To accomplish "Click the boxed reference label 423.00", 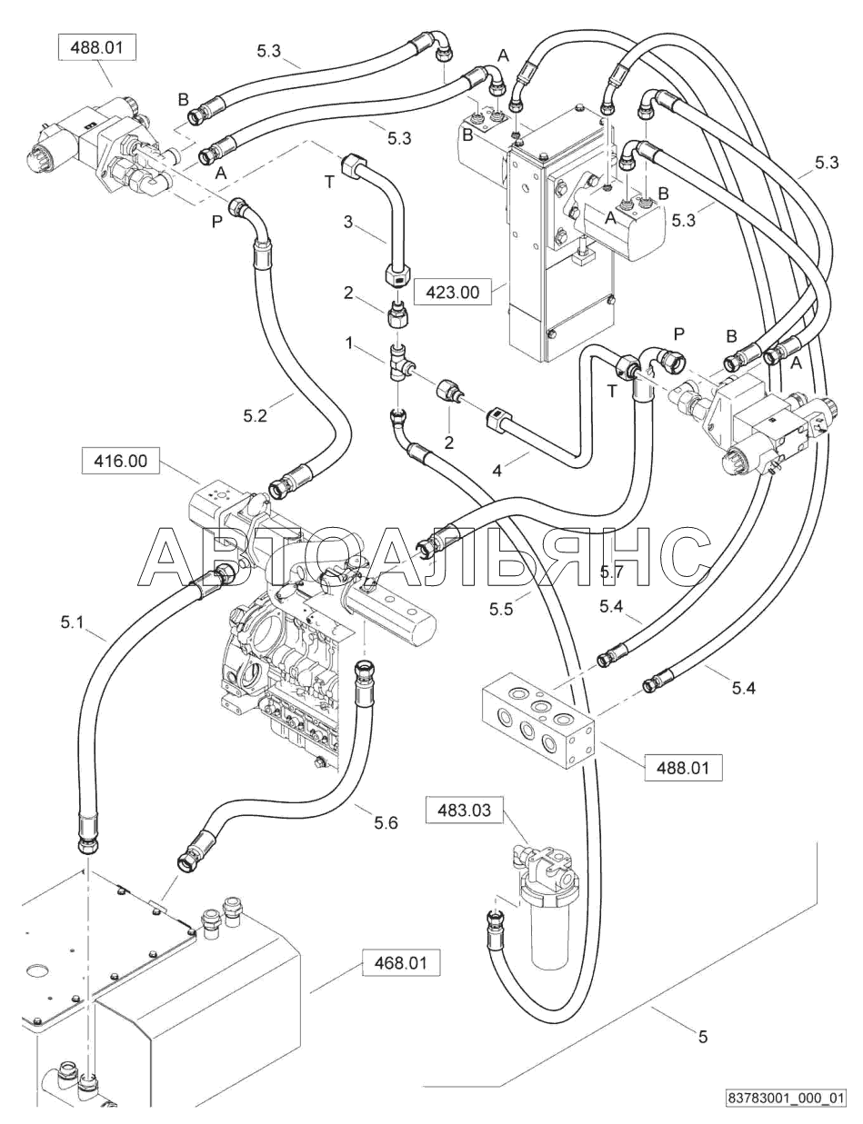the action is tap(453, 293).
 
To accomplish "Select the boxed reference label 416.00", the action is tap(121, 461).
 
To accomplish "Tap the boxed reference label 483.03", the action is tap(465, 810).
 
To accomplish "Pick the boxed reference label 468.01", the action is tap(401, 962).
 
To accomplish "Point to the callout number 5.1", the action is tap(72, 622).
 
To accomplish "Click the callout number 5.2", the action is tap(255, 415).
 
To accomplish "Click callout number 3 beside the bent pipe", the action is tap(348, 222).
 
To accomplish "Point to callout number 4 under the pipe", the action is tap(497, 471).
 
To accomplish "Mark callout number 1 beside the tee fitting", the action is tap(349, 343).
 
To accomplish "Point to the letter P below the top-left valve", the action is tap(217, 222).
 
